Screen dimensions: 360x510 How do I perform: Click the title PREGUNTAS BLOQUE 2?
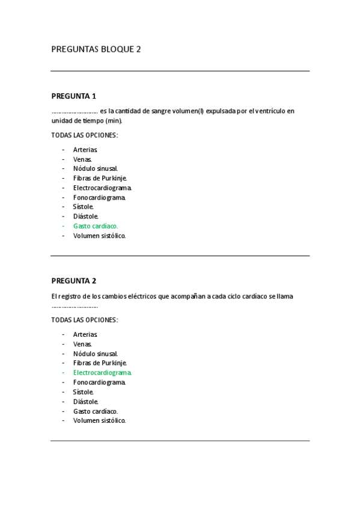coord(96,49)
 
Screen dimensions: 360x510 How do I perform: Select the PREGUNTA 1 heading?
coord(74,96)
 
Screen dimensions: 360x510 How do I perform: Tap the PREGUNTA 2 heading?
coord(74,281)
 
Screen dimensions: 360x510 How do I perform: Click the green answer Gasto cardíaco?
coord(96,226)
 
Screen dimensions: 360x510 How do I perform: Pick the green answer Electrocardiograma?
coord(102,373)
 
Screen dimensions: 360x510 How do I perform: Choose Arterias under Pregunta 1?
coord(85,150)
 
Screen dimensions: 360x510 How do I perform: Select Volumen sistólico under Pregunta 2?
coord(100,421)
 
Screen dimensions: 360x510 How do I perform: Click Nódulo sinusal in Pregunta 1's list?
coord(96,169)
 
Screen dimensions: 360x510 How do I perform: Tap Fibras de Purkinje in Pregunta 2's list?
coord(100,363)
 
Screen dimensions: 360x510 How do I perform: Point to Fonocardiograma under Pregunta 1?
coord(100,197)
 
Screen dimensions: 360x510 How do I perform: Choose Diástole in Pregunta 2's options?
coord(86,402)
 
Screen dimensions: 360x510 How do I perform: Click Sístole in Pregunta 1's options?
coord(84,207)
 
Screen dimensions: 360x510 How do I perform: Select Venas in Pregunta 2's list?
coord(83,344)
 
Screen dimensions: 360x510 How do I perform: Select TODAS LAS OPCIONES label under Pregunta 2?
coord(85,320)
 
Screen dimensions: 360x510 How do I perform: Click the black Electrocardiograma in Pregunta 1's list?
coord(102,188)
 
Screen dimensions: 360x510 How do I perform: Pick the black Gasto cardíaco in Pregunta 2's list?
coord(96,411)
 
